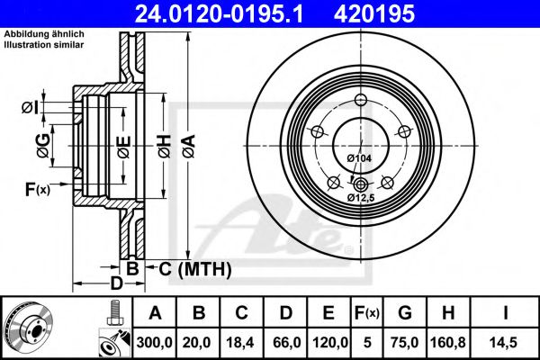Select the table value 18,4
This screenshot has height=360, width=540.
[x=242, y=341]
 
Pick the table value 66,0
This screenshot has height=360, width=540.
[x=285, y=341]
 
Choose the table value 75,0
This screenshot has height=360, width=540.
[x=404, y=341]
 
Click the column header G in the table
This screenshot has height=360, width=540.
[x=404, y=313]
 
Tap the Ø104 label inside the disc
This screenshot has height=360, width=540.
[x=359, y=159]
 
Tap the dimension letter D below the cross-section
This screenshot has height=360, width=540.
[x=116, y=283]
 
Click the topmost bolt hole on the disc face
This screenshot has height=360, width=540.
[x=361, y=100]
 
